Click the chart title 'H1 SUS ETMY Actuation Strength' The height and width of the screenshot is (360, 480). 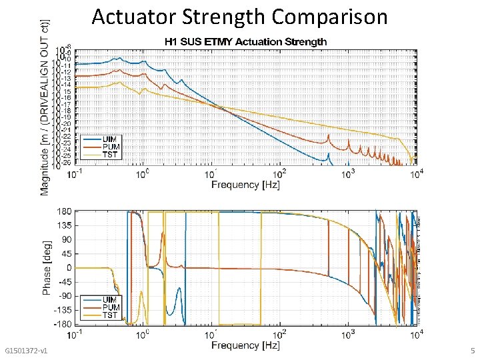click(x=246, y=41)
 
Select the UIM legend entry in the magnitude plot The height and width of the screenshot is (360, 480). click(x=111, y=139)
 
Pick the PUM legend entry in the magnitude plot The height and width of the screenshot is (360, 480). click(x=111, y=146)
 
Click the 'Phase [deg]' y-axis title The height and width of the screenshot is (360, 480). click(x=46, y=268)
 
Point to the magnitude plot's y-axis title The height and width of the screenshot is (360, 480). click(x=45, y=107)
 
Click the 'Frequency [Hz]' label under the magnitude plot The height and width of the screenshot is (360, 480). click(x=246, y=184)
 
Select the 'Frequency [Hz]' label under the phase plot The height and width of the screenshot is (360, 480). click(x=246, y=345)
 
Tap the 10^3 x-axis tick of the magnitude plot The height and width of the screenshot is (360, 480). click(x=348, y=174)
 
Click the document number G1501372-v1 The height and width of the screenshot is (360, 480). click(x=25, y=351)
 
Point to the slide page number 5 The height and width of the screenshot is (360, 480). click(x=472, y=351)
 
